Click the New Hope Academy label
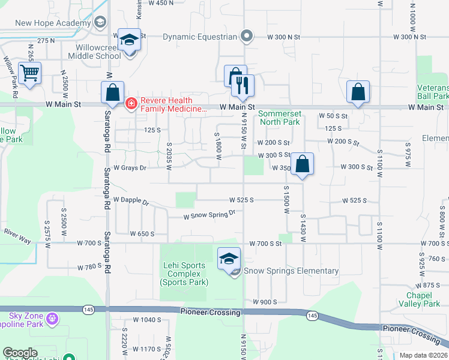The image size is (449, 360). point(53,23)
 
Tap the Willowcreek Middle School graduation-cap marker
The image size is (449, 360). point(129,41)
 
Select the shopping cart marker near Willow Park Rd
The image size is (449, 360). point(29,74)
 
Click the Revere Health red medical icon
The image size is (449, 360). point(130,104)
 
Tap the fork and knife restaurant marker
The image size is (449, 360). point(243,86)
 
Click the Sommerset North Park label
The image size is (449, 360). point(279,118)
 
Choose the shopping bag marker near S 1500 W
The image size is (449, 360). point(303,164)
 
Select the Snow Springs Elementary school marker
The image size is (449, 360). point(229,259)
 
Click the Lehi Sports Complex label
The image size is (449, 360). point(184,274)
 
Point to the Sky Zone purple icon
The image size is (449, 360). point(52,316)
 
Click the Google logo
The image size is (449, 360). point(20,353)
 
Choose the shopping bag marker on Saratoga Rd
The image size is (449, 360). point(112,92)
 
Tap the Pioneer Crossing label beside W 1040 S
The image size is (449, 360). point(209,313)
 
